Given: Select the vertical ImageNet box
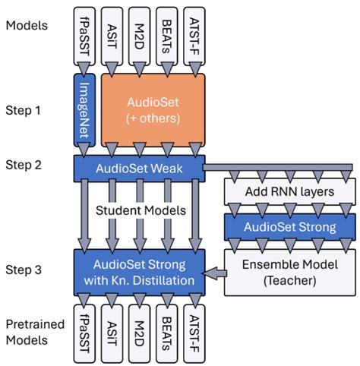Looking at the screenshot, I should (86, 112).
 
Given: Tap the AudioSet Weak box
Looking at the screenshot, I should (139, 167).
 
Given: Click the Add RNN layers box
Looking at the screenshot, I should (289, 191).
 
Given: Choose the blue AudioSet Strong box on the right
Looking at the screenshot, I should (289, 227).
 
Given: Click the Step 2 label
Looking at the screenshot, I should (24, 165).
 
